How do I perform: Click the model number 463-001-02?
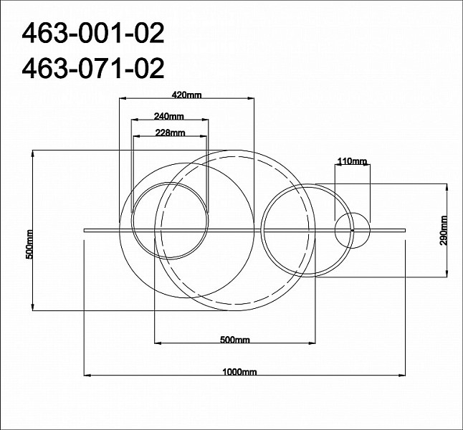coord(93,34)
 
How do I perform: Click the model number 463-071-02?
coord(93,69)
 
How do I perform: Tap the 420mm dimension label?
coord(186,95)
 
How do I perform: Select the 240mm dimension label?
coord(169,116)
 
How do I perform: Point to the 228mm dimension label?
coord(170,133)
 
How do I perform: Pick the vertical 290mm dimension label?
coord(444,231)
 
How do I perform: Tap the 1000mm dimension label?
coord(239,371)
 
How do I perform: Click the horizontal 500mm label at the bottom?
coord(235,340)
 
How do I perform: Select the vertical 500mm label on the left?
coord(29,244)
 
